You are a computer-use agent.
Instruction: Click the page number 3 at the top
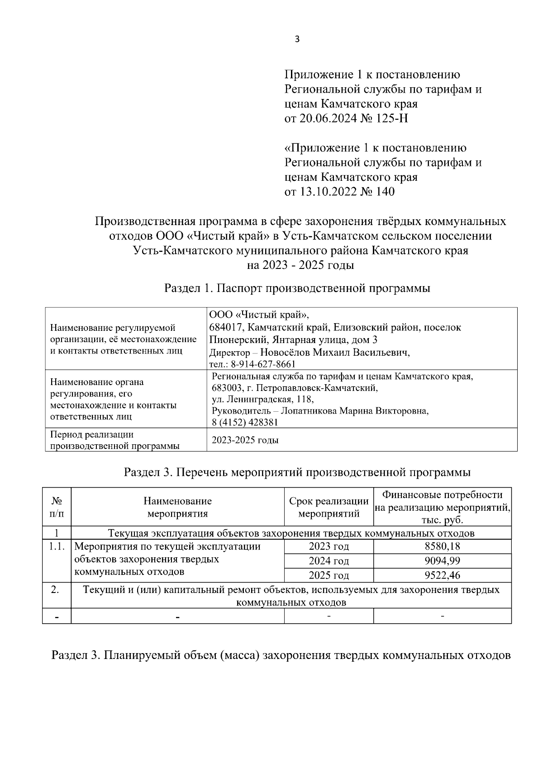(x=297, y=39)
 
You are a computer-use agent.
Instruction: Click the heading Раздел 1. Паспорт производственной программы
(x=297, y=288)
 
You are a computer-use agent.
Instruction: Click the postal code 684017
(x=227, y=327)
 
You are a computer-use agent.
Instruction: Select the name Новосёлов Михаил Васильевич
(x=335, y=353)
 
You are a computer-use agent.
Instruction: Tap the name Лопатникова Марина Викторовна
(x=354, y=411)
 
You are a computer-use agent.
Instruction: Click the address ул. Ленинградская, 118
(x=262, y=400)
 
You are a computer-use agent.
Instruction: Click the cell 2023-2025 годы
(x=245, y=440)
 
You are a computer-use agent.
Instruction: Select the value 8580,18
(x=442, y=546)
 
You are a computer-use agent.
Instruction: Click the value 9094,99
(x=442, y=561)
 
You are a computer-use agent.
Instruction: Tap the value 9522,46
(x=442, y=575)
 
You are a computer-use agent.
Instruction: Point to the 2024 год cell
(x=329, y=561)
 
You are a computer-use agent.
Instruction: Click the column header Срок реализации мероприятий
(x=329, y=507)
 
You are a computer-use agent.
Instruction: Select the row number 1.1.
(x=57, y=546)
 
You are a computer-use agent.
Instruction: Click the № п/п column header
(x=57, y=507)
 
